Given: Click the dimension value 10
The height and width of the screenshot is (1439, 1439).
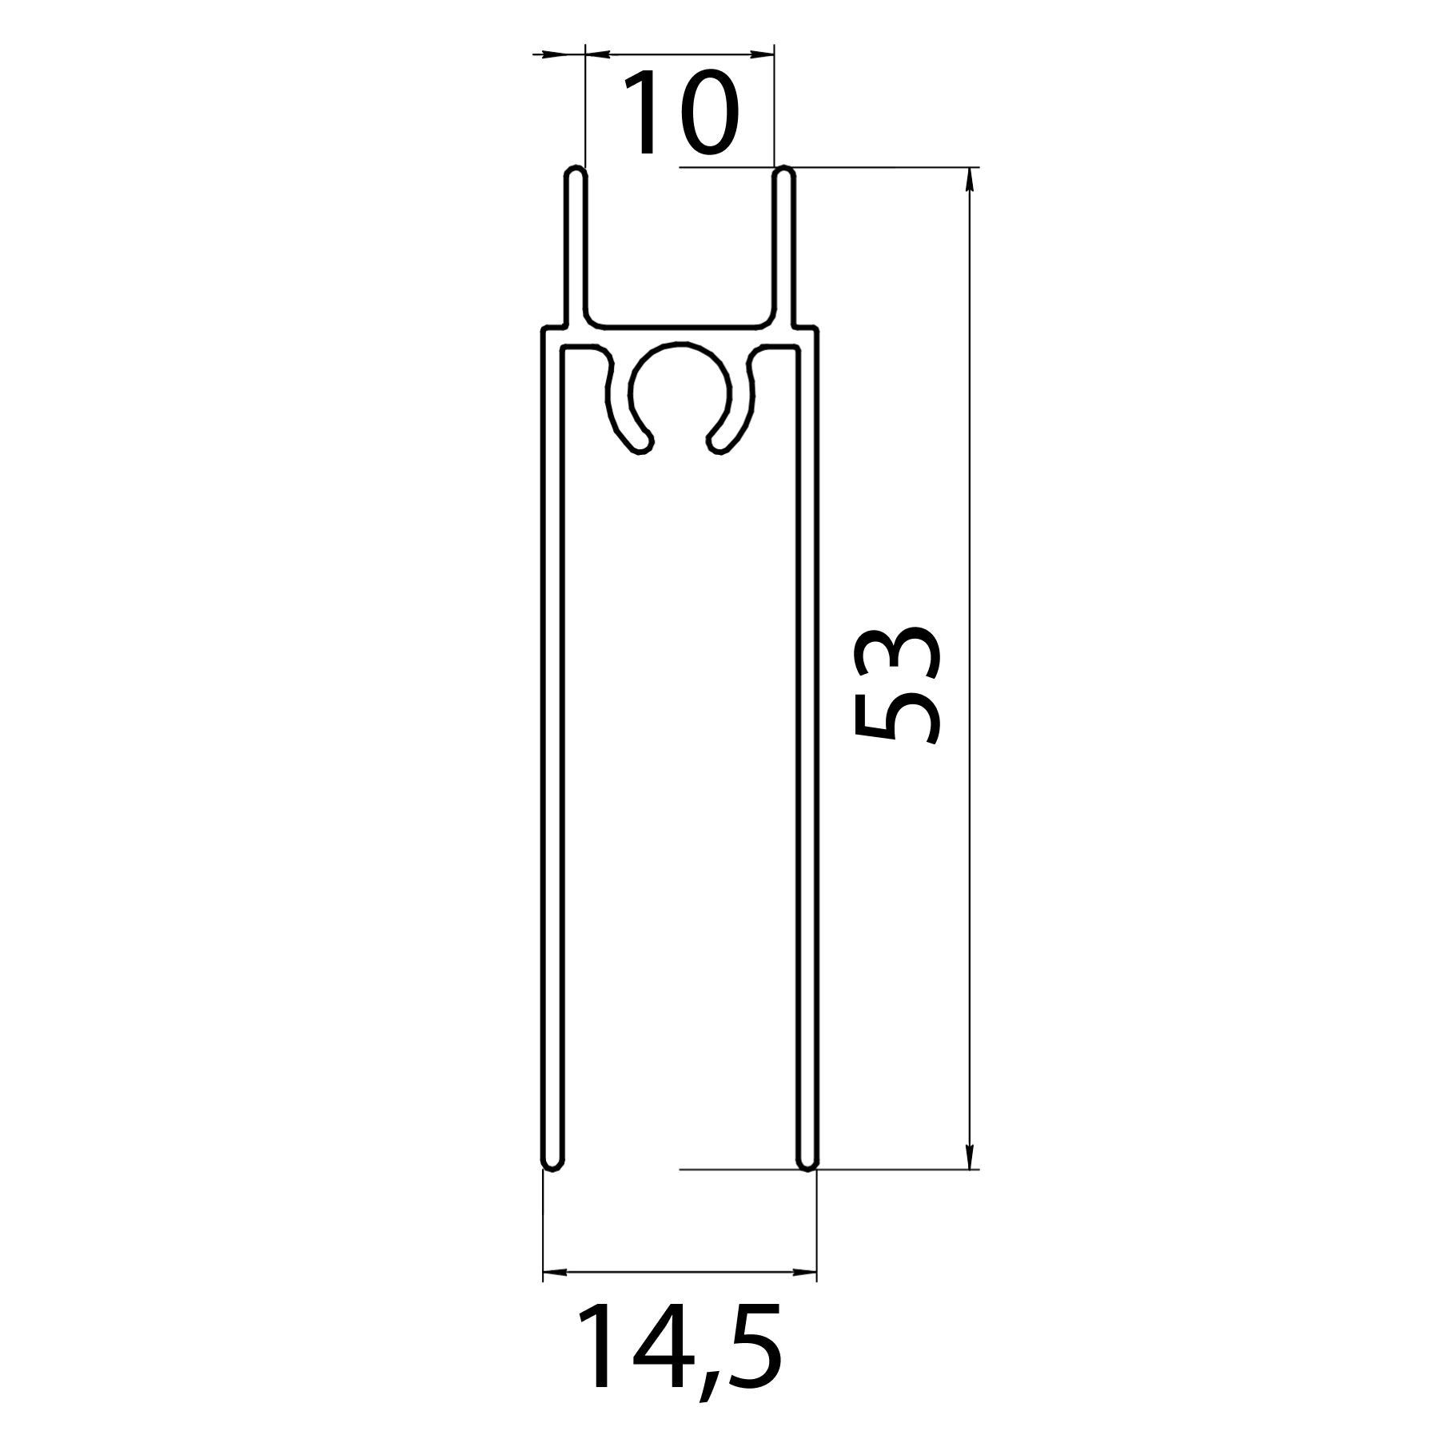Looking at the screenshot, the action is pos(680,114).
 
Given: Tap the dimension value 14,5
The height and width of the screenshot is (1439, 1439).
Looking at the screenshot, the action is pos(678,1349).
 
